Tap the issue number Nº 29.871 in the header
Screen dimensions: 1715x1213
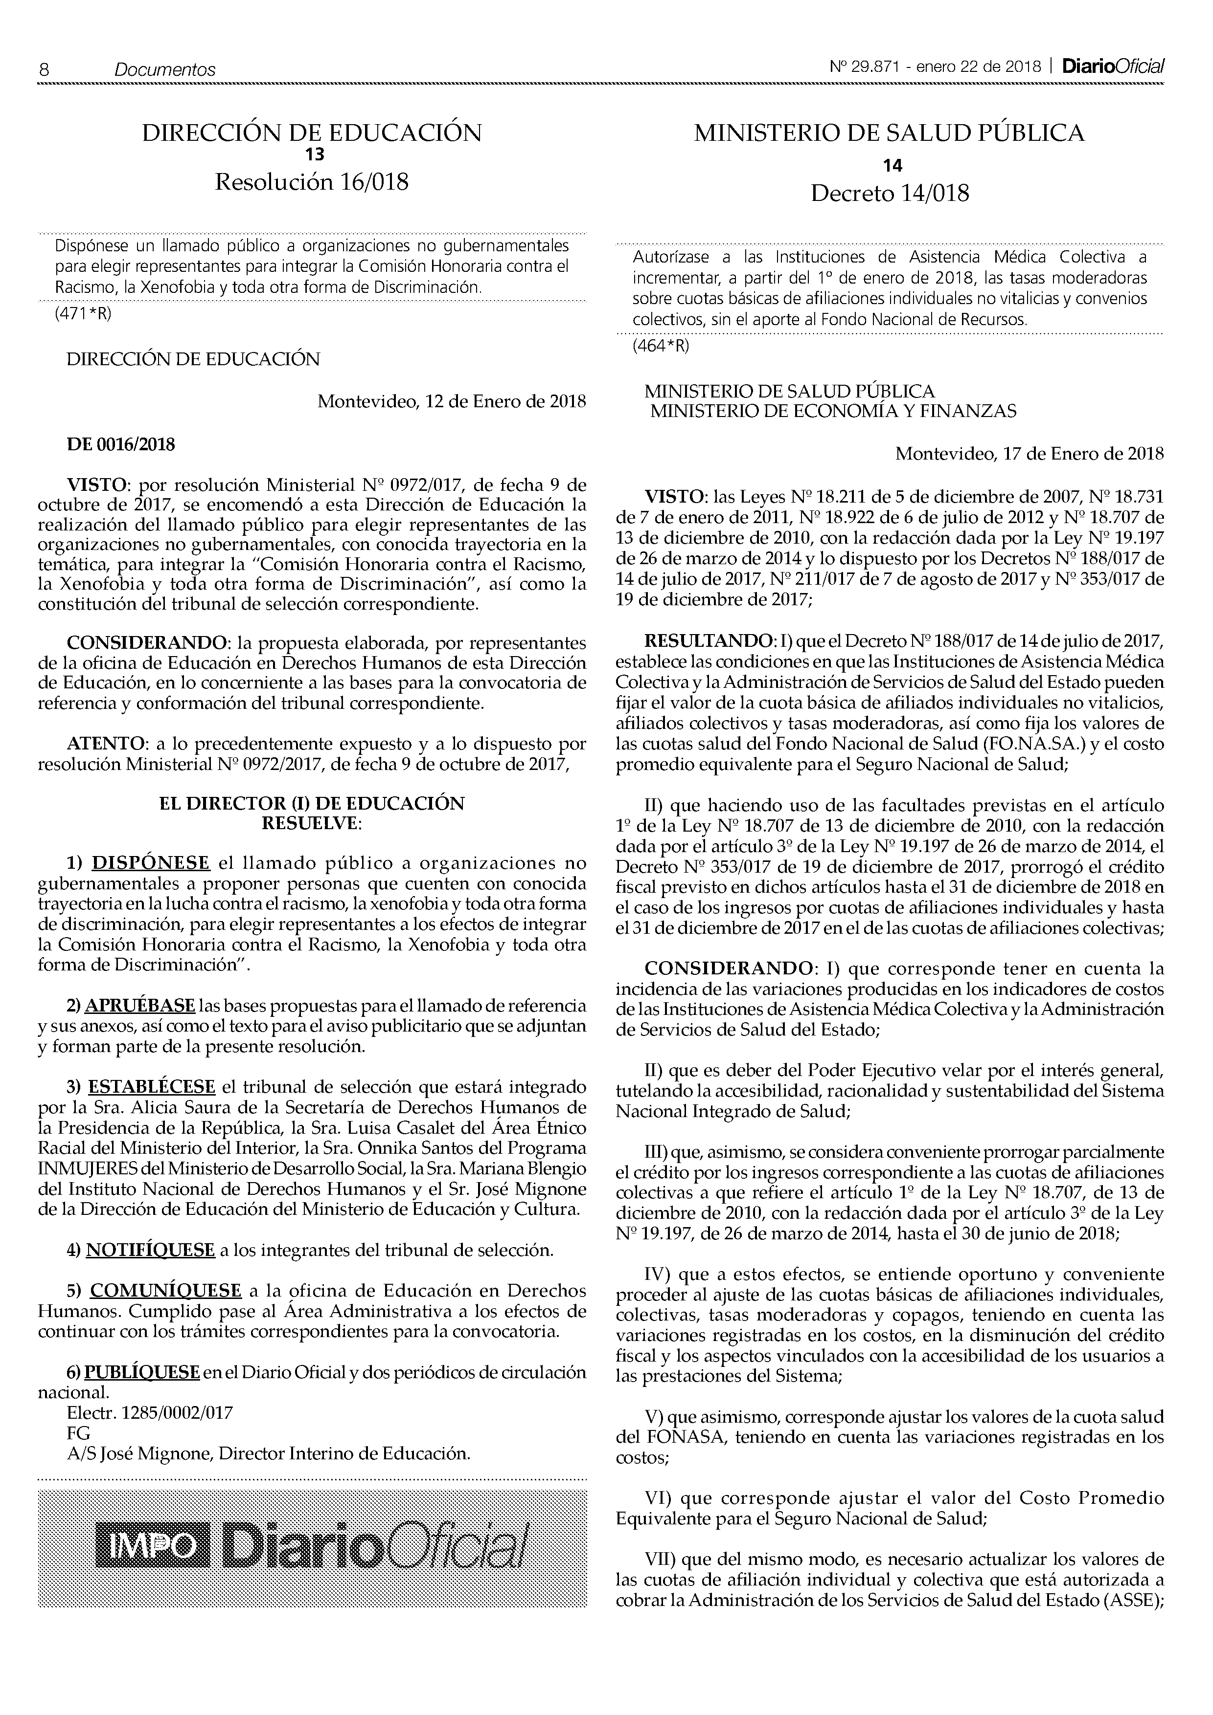[x=863, y=66]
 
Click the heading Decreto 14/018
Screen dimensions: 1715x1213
[x=890, y=194]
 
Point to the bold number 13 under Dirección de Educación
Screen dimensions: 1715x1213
[x=312, y=154]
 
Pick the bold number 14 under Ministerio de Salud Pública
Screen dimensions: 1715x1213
[x=892, y=166]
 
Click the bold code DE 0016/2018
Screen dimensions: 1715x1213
[x=121, y=445]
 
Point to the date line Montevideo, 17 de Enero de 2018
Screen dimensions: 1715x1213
[x=1029, y=453]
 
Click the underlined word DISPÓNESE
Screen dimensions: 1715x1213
[x=150, y=863]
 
